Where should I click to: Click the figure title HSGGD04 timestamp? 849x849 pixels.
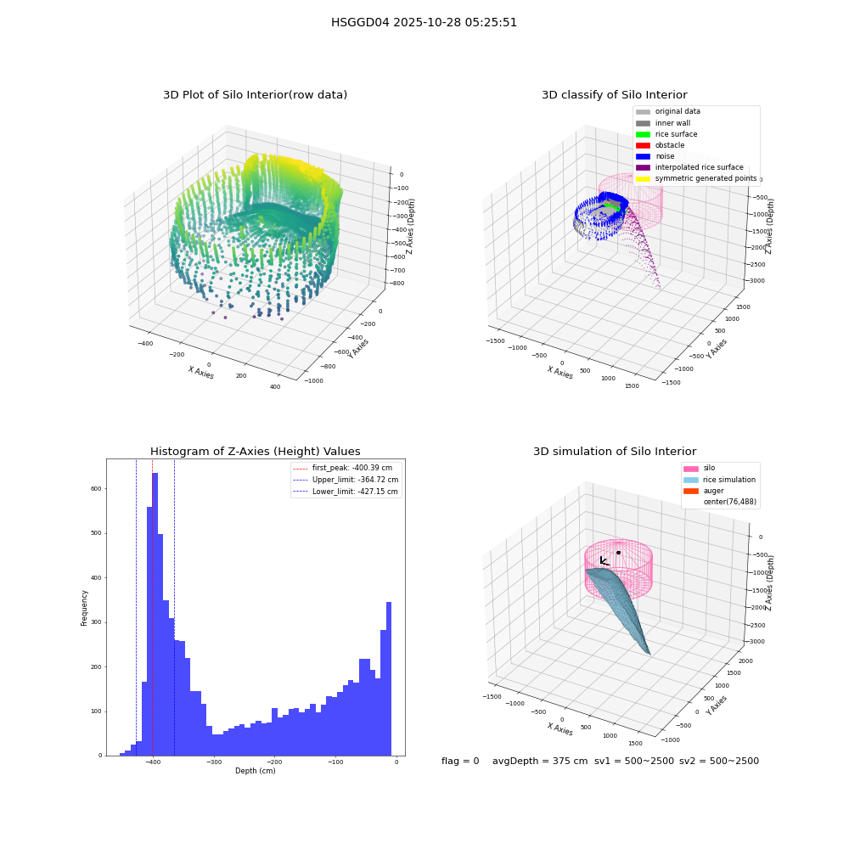coord(424,22)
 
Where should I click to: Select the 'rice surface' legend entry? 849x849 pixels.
coord(666,134)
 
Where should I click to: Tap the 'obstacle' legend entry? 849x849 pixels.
coord(660,145)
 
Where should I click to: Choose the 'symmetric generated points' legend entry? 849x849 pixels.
coord(696,178)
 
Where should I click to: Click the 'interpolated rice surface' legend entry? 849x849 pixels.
coord(689,167)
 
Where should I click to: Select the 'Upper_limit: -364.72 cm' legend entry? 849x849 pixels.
coord(346,480)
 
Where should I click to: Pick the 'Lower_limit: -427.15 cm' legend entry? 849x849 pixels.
coord(346,492)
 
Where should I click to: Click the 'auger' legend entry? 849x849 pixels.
coord(704,491)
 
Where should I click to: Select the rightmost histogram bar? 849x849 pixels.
coord(389,679)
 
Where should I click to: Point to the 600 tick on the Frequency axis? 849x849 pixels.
coord(96,488)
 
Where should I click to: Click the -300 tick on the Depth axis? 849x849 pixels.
coord(214,762)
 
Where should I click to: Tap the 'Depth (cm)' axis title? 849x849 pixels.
coord(256,771)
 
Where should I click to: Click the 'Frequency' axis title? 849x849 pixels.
coord(84,608)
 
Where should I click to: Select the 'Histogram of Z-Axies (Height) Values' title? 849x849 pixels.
coord(255,451)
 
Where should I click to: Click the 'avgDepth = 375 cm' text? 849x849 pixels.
coord(540,761)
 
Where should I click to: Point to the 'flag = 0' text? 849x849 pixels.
coord(460,761)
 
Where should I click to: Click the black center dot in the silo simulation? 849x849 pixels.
coord(618,553)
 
